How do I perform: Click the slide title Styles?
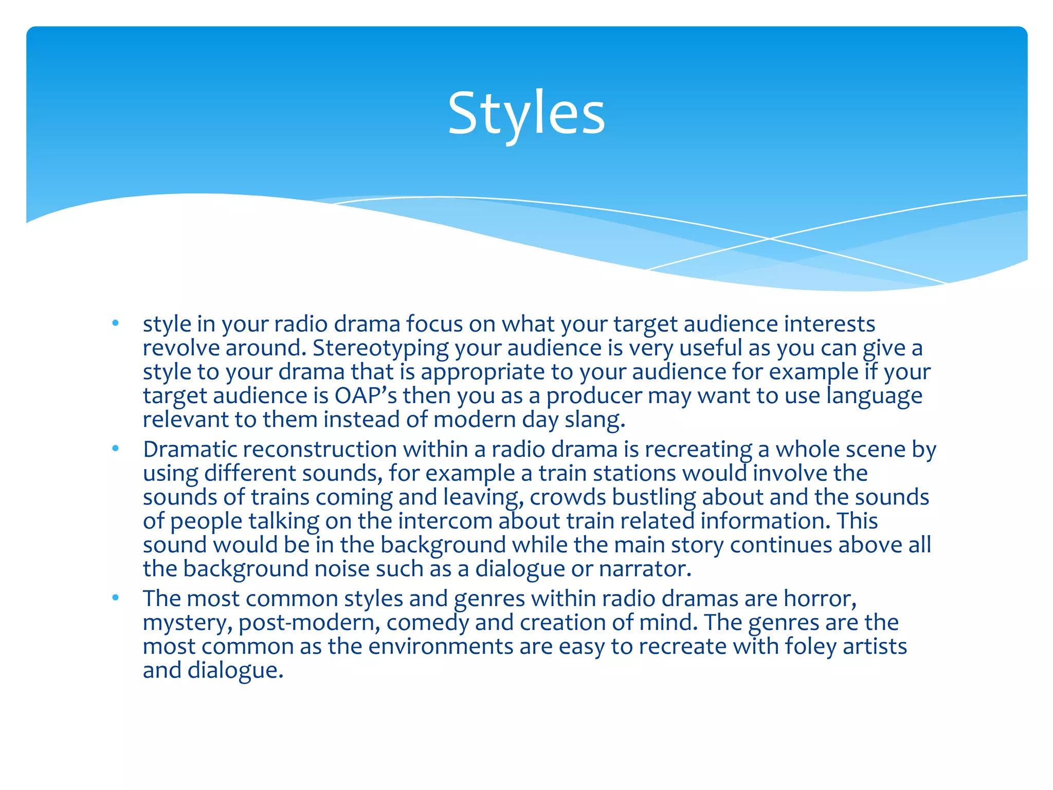[x=526, y=113]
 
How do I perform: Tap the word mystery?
[x=187, y=623]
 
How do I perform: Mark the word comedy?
[x=427, y=623]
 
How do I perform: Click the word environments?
[x=441, y=647]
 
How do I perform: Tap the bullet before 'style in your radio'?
[x=116, y=324]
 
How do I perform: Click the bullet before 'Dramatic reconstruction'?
[x=116, y=449]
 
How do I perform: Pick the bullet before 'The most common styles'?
[x=116, y=598]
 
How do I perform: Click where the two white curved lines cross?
[x=770, y=239]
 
